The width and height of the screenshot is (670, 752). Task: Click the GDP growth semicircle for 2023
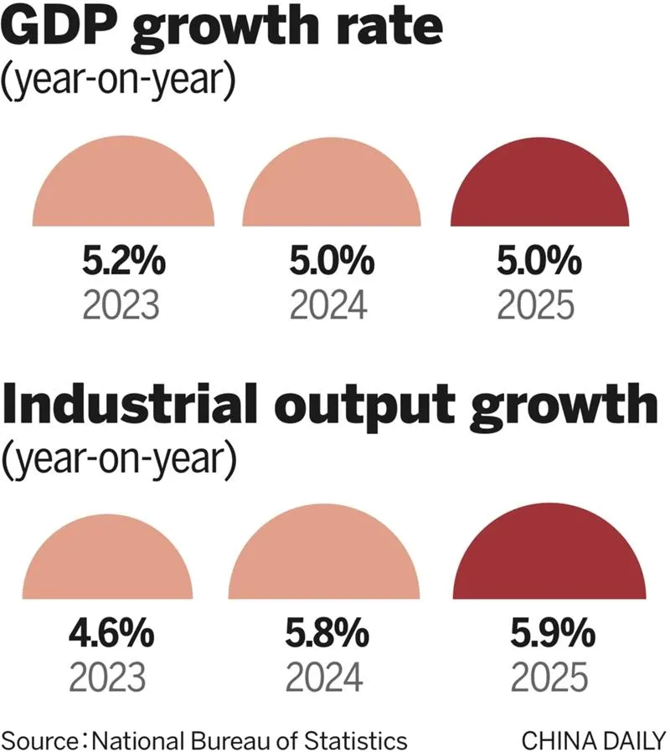point(123,187)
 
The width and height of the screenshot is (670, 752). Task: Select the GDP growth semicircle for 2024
point(332,188)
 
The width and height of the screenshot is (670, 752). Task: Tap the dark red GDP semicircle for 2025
point(540,188)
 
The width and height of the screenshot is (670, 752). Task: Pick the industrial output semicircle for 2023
point(107,562)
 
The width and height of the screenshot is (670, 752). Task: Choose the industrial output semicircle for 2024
point(324,557)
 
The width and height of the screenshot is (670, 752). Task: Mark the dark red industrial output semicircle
point(549,557)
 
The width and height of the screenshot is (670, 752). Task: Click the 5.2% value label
point(124,261)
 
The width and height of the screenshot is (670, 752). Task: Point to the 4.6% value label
point(111,633)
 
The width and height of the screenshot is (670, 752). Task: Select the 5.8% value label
point(327,633)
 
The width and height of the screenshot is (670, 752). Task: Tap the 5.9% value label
point(553,633)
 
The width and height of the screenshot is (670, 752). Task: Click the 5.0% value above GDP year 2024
point(332,261)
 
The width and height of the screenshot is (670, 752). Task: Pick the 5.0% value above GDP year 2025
point(539,261)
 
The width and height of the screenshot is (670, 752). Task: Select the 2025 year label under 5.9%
point(549,678)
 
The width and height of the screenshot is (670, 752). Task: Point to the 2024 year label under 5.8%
point(324,678)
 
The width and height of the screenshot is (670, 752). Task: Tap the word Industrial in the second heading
point(131,404)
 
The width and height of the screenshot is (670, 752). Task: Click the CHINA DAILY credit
point(594,740)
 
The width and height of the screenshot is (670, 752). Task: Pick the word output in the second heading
point(364,407)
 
